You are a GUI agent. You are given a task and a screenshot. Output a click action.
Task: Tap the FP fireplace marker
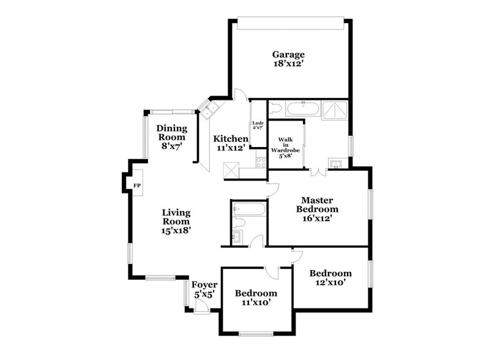point(136,185)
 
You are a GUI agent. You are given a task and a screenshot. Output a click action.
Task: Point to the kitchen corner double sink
point(211,110)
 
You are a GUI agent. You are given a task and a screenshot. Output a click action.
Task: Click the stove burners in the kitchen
point(261,162)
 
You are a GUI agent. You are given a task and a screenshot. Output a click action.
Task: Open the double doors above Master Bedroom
point(318,172)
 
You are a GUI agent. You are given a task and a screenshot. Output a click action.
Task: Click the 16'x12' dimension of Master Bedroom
point(318,218)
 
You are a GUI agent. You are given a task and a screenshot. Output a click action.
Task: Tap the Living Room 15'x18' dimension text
point(176,231)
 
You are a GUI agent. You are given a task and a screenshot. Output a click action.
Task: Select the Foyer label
point(204,285)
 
